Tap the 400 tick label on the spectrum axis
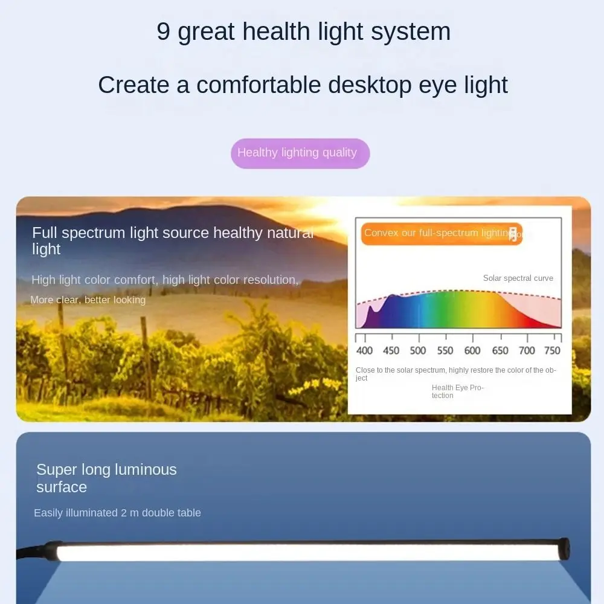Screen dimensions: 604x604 pos(365,350)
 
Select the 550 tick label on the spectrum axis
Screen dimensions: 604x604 pos(445,350)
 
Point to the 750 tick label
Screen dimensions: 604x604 pos(552,350)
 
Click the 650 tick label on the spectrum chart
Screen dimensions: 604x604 pos(500,350)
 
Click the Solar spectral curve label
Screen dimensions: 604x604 pos(518,278)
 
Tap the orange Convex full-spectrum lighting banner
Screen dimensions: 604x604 pos(441,233)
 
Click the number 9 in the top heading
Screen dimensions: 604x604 pos(163,31)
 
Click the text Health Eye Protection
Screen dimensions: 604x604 pos(457,391)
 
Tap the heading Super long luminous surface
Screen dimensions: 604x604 pos(106,478)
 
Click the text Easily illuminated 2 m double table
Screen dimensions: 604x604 pos(117,513)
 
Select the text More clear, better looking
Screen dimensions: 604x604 pos(88,300)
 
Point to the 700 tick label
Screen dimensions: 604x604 pos(527,350)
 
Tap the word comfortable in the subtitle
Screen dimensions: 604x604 pos(259,85)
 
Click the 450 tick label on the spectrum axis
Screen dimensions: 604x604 pos(391,350)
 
